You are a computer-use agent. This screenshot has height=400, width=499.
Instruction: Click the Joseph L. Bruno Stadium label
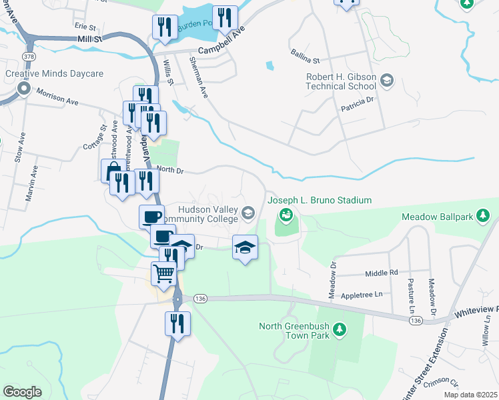[x=310, y=200]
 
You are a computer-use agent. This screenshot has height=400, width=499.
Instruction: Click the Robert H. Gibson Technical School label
[x=341, y=81]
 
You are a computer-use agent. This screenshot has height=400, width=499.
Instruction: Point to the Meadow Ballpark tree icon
[x=485, y=217]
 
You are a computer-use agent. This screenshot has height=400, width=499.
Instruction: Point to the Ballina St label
[x=306, y=51]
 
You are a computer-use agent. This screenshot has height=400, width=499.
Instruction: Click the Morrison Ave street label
[x=57, y=97]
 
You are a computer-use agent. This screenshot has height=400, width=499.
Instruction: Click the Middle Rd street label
[x=382, y=273]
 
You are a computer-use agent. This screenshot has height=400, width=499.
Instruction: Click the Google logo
[x=22, y=392]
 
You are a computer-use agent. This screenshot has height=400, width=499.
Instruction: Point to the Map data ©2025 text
[x=470, y=395]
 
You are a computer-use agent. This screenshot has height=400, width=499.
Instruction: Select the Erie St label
[x=85, y=26]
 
